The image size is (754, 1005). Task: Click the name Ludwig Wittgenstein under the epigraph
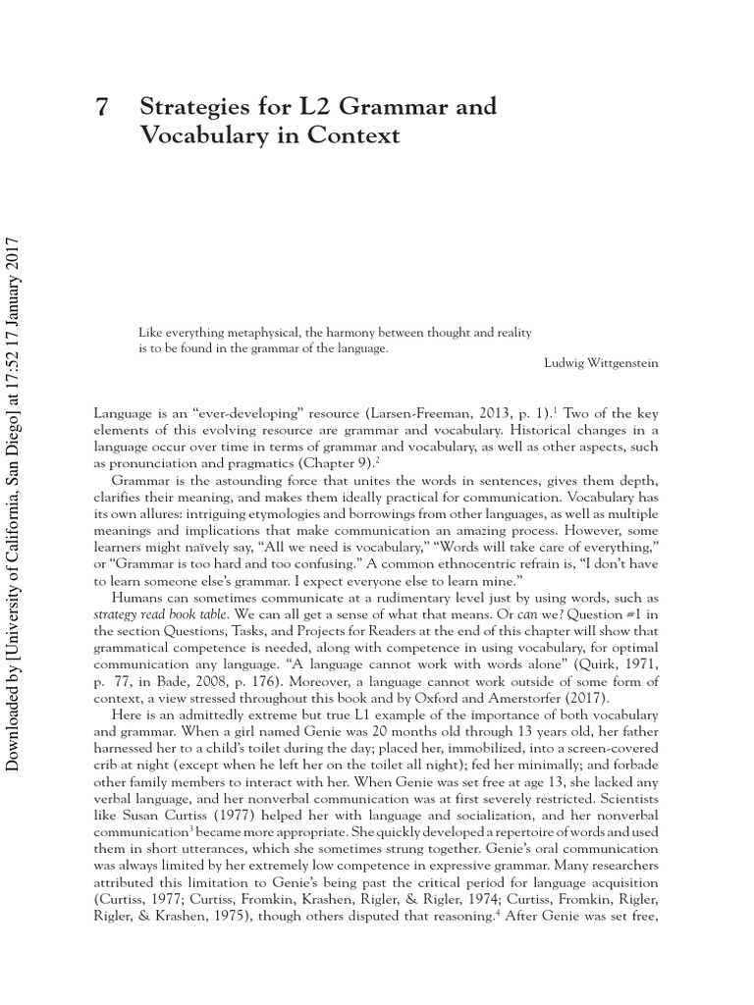coord(601,363)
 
